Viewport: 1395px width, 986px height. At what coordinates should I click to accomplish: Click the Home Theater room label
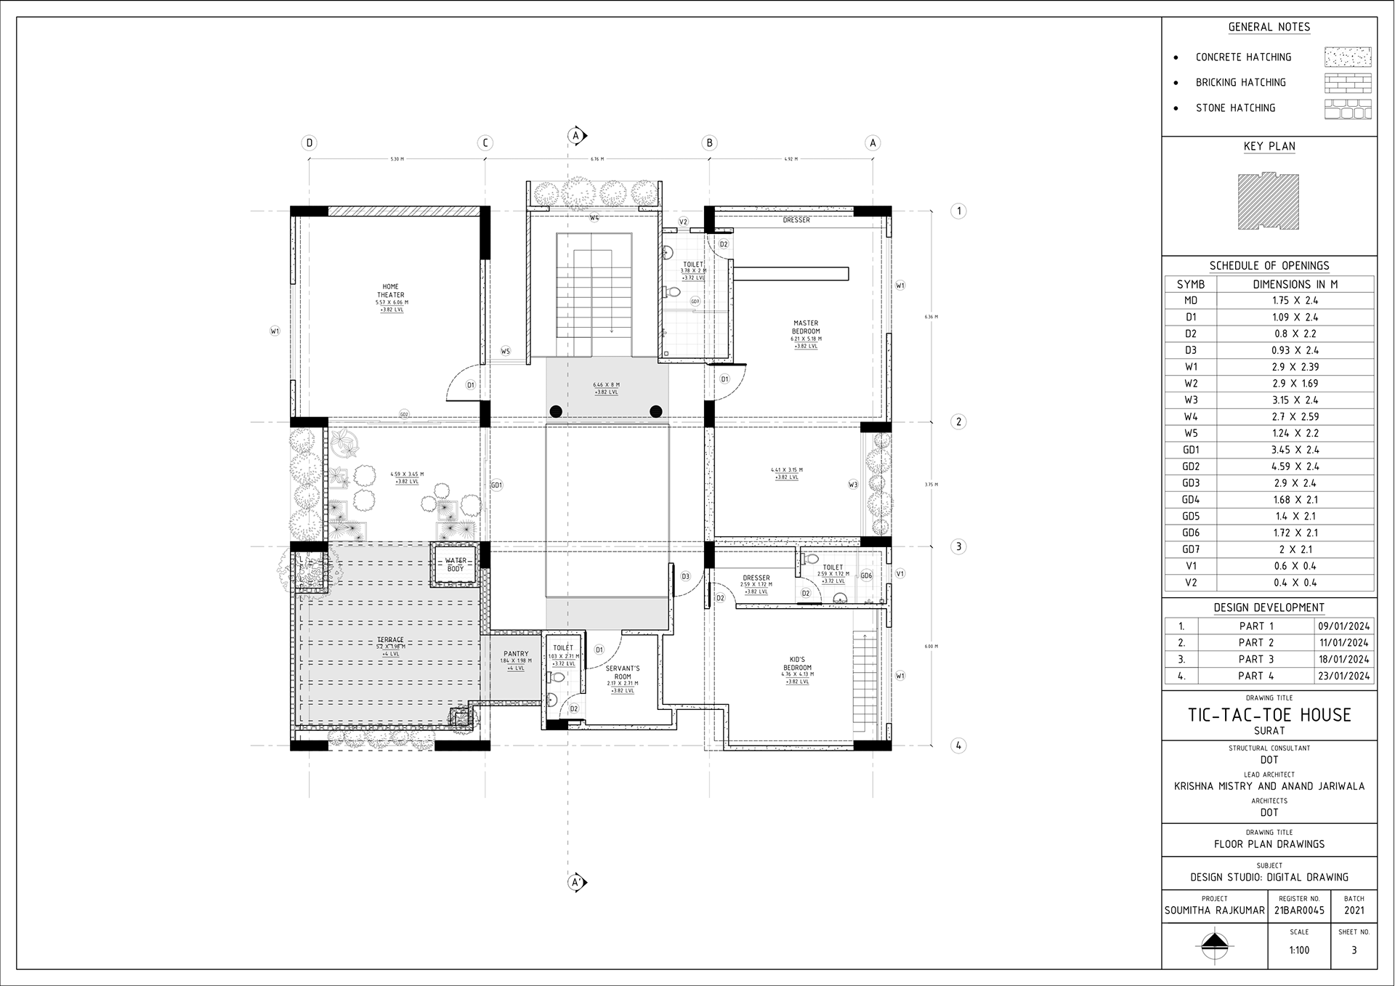coord(391,291)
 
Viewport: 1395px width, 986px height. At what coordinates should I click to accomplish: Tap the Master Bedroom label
coord(805,327)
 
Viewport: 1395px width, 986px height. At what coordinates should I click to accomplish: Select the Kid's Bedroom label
coord(797,663)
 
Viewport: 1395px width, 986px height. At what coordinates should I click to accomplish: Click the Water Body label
coord(456,565)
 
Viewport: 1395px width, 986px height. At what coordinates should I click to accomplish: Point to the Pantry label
coord(516,654)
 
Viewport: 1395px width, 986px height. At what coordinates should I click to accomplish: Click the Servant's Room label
coord(623,672)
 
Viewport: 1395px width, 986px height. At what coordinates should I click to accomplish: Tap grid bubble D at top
coord(310,143)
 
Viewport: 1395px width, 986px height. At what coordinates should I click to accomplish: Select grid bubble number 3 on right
coord(958,546)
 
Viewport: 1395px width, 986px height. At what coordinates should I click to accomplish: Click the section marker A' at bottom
coord(576,883)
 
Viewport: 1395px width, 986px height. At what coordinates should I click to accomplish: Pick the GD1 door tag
coord(496,485)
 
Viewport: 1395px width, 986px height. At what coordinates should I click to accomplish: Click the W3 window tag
coord(853,484)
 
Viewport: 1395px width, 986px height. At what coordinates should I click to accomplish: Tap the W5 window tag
coord(506,351)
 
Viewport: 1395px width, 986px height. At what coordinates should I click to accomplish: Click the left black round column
coord(556,411)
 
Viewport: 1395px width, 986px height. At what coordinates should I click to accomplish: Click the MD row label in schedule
coord(1190,300)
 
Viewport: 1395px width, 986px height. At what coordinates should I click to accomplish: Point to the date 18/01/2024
coord(1344,659)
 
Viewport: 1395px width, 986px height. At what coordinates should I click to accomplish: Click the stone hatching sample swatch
coord(1348,109)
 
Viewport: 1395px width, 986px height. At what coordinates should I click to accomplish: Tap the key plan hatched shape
coord(1269,201)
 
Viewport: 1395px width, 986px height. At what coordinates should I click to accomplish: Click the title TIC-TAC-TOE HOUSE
coord(1269,715)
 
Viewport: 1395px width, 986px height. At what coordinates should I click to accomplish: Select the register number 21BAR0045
coord(1299,910)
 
